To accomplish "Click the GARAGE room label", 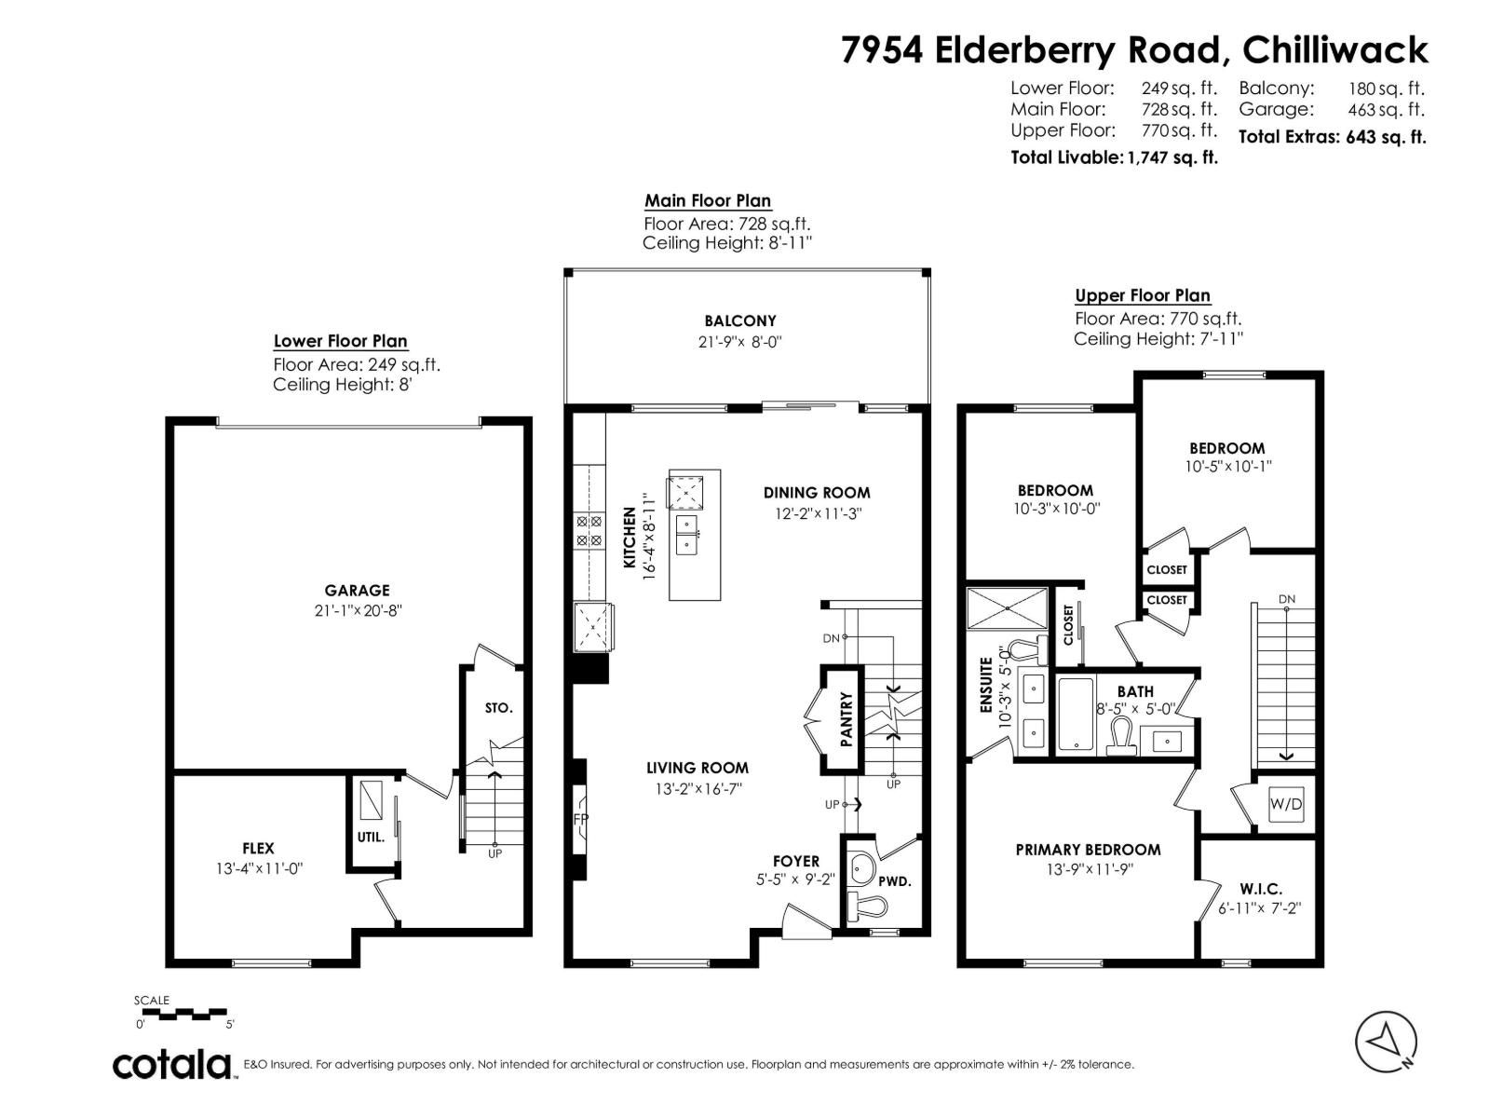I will click(x=357, y=590).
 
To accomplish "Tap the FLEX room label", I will click(x=258, y=848).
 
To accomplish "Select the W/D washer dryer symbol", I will click(x=1286, y=804).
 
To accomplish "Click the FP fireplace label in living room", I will click(x=580, y=819).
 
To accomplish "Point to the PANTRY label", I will click(x=847, y=719).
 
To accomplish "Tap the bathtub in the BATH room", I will click(x=1077, y=714).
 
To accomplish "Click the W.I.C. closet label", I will click(x=1261, y=889).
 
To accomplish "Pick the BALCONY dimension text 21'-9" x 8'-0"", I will click(x=739, y=342).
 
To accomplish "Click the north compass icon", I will click(x=1386, y=1040).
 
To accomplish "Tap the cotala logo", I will click(x=173, y=1063).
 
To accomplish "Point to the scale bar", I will click(x=183, y=1012).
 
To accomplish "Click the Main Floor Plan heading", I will click(x=707, y=200).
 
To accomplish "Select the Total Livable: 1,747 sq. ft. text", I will click(x=1114, y=157).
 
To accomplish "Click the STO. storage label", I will click(x=498, y=708).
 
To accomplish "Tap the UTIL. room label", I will click(x=371, y=837).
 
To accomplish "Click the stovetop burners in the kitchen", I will click(x=589, y=530).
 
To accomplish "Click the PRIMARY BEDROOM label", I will click(x=1088, y=849).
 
